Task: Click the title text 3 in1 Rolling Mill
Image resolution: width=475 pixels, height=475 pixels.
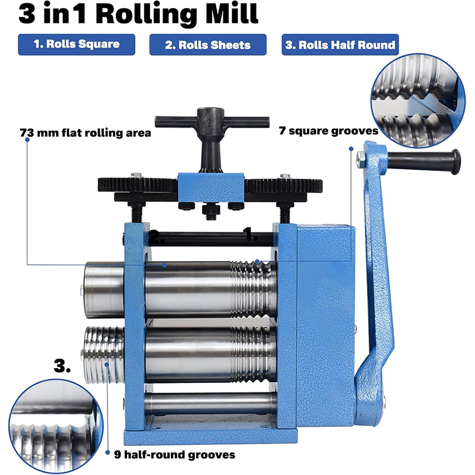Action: click(138, 14)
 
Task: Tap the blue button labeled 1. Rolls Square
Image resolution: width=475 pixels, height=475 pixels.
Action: click(77, 44)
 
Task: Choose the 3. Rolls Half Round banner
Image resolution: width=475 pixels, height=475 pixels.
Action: click(340, 45)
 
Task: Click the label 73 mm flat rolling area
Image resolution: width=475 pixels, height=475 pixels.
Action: click(85, 133)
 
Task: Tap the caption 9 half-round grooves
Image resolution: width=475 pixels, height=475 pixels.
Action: click(175, 454)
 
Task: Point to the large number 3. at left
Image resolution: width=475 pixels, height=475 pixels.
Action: click(63, 367)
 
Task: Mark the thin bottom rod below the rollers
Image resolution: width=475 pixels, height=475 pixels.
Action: click(211, 403)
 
